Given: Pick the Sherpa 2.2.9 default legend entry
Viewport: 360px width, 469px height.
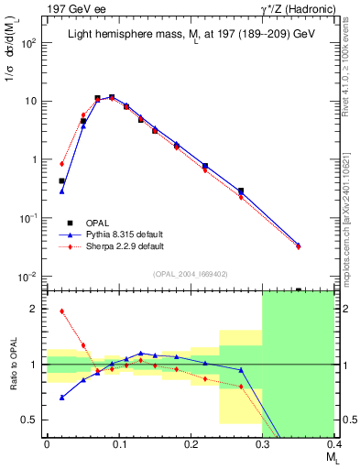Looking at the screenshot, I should pos(116,246).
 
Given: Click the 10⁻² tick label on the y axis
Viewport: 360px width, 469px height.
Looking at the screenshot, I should pos(28,277).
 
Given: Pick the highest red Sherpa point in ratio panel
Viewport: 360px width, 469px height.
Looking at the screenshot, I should pos(61,311).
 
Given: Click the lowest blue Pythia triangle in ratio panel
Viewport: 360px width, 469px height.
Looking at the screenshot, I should pos(61,398).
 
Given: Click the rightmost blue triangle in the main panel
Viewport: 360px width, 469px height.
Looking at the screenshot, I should pos(323,245).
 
